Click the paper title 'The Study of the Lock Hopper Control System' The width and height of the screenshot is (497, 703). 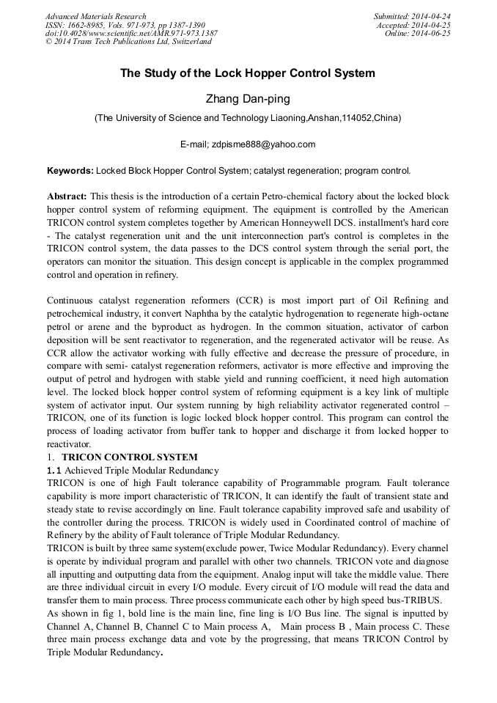248,73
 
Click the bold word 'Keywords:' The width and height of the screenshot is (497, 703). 70,171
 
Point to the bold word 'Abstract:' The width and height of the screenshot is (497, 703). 67,197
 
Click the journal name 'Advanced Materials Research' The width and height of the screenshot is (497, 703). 95,16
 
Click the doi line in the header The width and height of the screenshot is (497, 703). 130,34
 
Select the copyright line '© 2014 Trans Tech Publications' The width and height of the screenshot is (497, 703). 128,42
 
